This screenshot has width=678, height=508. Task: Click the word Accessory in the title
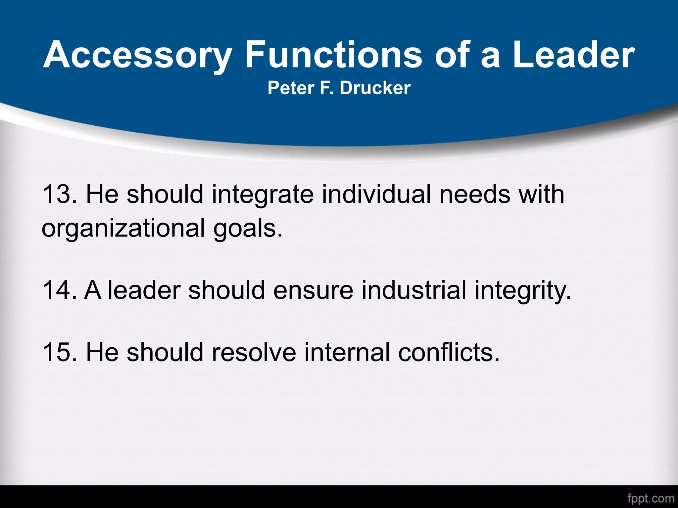(137, 55)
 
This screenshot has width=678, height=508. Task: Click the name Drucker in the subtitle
(375, 88)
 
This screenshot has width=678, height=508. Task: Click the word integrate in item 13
(263, 195)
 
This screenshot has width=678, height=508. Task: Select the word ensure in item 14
(313, 290)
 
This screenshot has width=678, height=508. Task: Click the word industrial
(414, 290)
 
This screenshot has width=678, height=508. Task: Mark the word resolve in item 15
(254, 352)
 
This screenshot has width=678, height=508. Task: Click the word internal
(347, 352)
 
